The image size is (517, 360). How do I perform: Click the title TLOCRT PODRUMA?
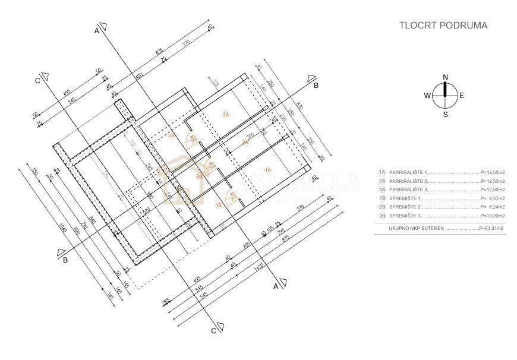pos(443,26)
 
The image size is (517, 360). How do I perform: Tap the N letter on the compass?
pos(445,77)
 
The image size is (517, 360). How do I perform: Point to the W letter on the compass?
pos(427,95)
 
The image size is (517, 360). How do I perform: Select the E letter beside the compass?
pos(462,95)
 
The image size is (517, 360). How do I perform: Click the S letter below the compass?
pos(445,115)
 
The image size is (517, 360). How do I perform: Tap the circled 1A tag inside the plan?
pos(267,170)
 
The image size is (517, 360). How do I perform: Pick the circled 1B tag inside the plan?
pos(218,205)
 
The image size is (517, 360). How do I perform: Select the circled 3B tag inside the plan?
pos(171,136)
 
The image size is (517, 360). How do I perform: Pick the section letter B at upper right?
pos(316,85)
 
